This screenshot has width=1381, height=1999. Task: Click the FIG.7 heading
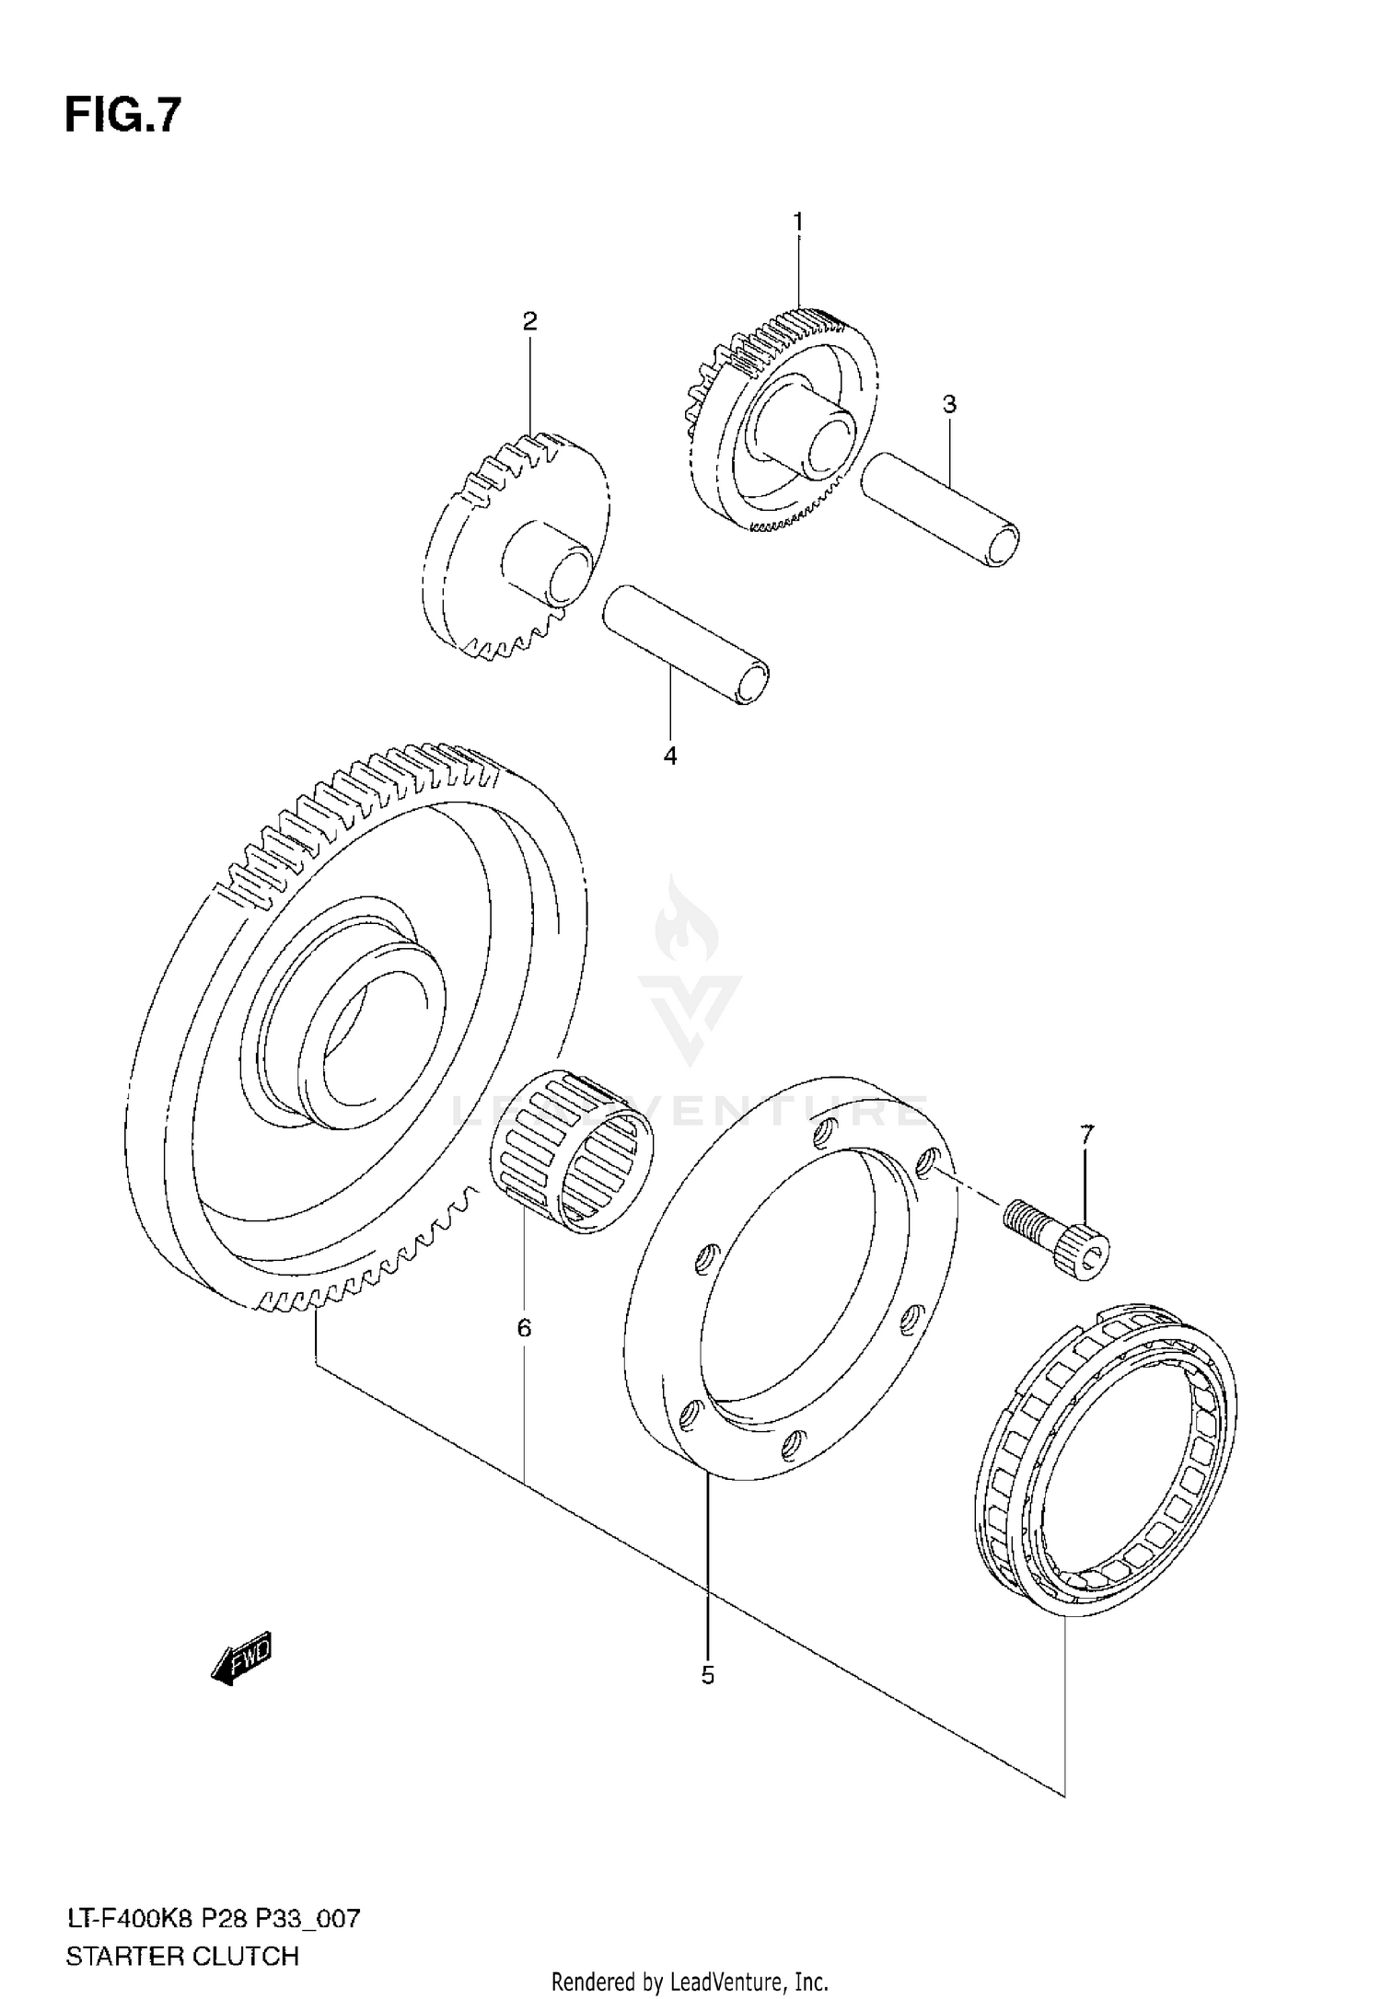122,117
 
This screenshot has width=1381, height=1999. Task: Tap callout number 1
798,222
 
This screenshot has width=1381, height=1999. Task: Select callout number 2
529,321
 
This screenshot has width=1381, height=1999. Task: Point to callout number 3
949,404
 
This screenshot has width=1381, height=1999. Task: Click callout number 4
670,757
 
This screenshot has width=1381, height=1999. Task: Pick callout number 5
707,1675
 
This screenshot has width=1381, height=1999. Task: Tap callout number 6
524,1328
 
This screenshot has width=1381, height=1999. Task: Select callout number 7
1087,1136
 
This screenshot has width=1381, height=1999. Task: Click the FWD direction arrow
242,1659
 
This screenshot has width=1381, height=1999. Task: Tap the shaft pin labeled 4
686,644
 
